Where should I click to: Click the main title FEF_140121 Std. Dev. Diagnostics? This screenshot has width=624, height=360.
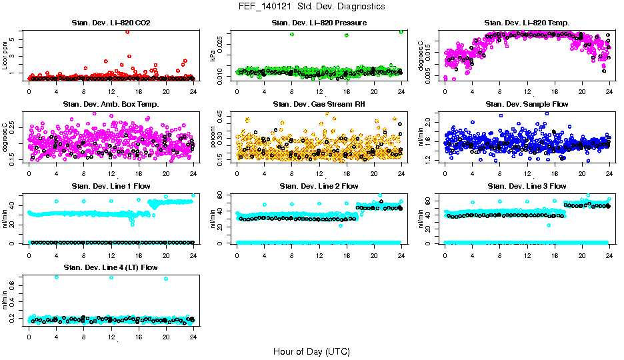coord(311,7)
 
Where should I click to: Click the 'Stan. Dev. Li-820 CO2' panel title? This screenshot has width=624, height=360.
coord(111,23)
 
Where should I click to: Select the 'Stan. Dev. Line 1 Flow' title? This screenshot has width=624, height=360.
coord(111,186)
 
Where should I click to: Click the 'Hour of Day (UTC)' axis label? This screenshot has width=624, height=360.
coord(311,351)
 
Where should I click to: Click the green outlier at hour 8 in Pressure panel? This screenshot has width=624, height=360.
coord(292,34)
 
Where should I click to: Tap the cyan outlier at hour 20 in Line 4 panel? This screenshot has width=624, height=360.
coord(166,279)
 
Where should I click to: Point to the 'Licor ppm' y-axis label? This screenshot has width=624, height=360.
coord(5,56)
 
